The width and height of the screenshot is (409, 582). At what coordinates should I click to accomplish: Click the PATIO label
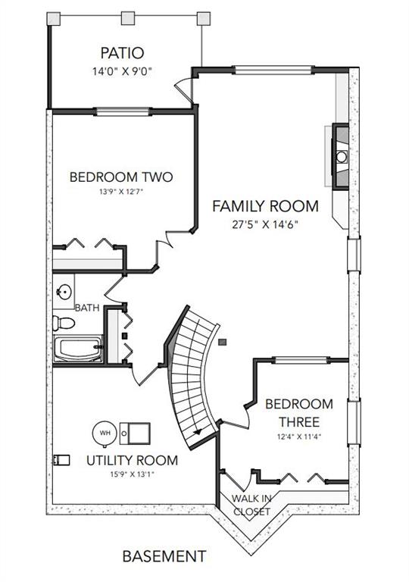tap(122, 53)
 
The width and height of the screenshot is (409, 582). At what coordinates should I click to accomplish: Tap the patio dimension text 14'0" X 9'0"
tap(122, 71)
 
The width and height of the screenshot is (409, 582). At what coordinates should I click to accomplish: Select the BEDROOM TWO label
tap(121, 177)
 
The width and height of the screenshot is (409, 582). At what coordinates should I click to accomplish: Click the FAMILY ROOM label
tap(265, 206)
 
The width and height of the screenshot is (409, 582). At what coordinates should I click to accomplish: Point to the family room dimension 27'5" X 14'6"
tap(265, 224)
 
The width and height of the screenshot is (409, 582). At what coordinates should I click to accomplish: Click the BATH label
tap(87, 308)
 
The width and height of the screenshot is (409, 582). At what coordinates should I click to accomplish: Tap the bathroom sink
tap(64, 291)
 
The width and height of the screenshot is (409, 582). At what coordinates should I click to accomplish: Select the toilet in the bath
tap(64, 323)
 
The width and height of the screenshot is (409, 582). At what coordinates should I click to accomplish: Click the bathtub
tap(78, 349)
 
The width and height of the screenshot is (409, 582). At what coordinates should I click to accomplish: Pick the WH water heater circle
tap(105, 433)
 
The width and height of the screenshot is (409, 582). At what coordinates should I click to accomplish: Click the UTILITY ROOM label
tap(132, 461)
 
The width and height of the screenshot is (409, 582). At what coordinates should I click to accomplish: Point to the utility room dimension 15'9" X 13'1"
tap(132, 474)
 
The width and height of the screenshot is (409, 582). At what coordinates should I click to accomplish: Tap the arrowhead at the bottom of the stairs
tap(198, 432)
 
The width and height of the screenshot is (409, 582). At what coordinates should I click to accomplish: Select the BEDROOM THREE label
tap(299, 413)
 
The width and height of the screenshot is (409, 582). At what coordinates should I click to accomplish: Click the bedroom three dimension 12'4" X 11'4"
tap(299, 436)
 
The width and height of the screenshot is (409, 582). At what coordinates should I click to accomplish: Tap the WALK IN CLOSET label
tap(251, 505)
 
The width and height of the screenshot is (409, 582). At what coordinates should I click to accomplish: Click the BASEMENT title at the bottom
tap(164, 556)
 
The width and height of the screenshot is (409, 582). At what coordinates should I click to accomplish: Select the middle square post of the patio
tap(128, 18)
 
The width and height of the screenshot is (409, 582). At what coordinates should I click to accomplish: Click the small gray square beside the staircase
tap(223, 343)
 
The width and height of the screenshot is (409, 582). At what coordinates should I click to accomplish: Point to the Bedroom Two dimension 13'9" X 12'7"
tap(121, 192)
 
